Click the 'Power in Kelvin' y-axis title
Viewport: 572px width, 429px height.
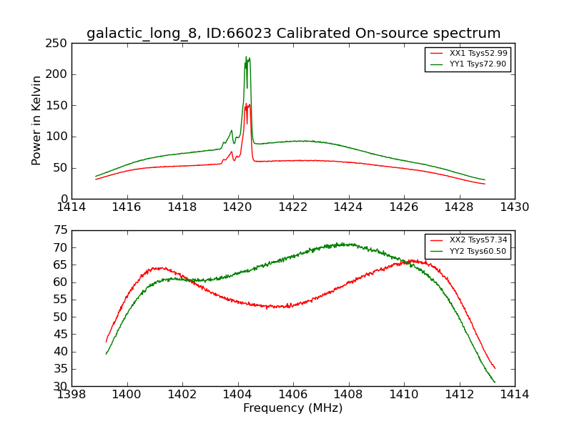point(37,121)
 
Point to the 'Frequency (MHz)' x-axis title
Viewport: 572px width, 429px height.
point(292,408)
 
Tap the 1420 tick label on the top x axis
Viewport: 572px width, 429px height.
point(237,207)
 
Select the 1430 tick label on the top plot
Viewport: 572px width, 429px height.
point(514,207)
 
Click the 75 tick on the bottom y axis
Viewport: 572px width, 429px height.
point(61,230)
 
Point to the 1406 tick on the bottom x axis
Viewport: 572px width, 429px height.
point(292,394)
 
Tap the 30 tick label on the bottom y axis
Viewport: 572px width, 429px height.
point(61,386)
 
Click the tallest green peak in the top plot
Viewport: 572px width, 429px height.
point(246,57)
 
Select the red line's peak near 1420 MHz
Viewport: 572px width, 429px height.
point(247,104)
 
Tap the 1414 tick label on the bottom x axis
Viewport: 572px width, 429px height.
point(514,394)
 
